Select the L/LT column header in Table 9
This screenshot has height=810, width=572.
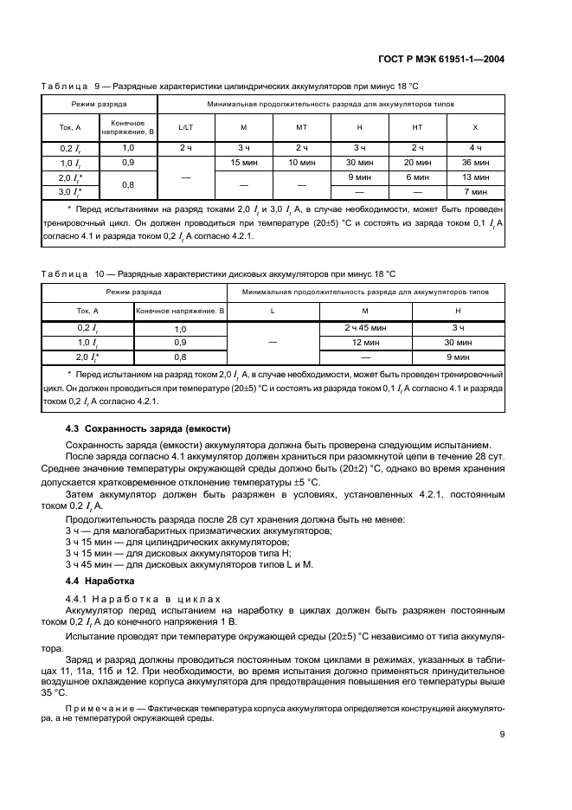(x=186, y=127)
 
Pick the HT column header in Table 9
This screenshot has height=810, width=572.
(x=417, y=127)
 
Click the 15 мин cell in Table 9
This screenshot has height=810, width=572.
(x=244, y=163)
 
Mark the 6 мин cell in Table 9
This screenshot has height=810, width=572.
(x=417, y=177)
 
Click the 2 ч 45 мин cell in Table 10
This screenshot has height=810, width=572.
(x=365, y=328)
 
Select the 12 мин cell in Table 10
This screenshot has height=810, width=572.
(x=365, y=342)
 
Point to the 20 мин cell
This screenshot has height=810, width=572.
(x=417, y=163)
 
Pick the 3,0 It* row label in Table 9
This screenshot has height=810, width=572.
(x=71, y=191)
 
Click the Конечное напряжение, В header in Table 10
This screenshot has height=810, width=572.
(x=180, y=310)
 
